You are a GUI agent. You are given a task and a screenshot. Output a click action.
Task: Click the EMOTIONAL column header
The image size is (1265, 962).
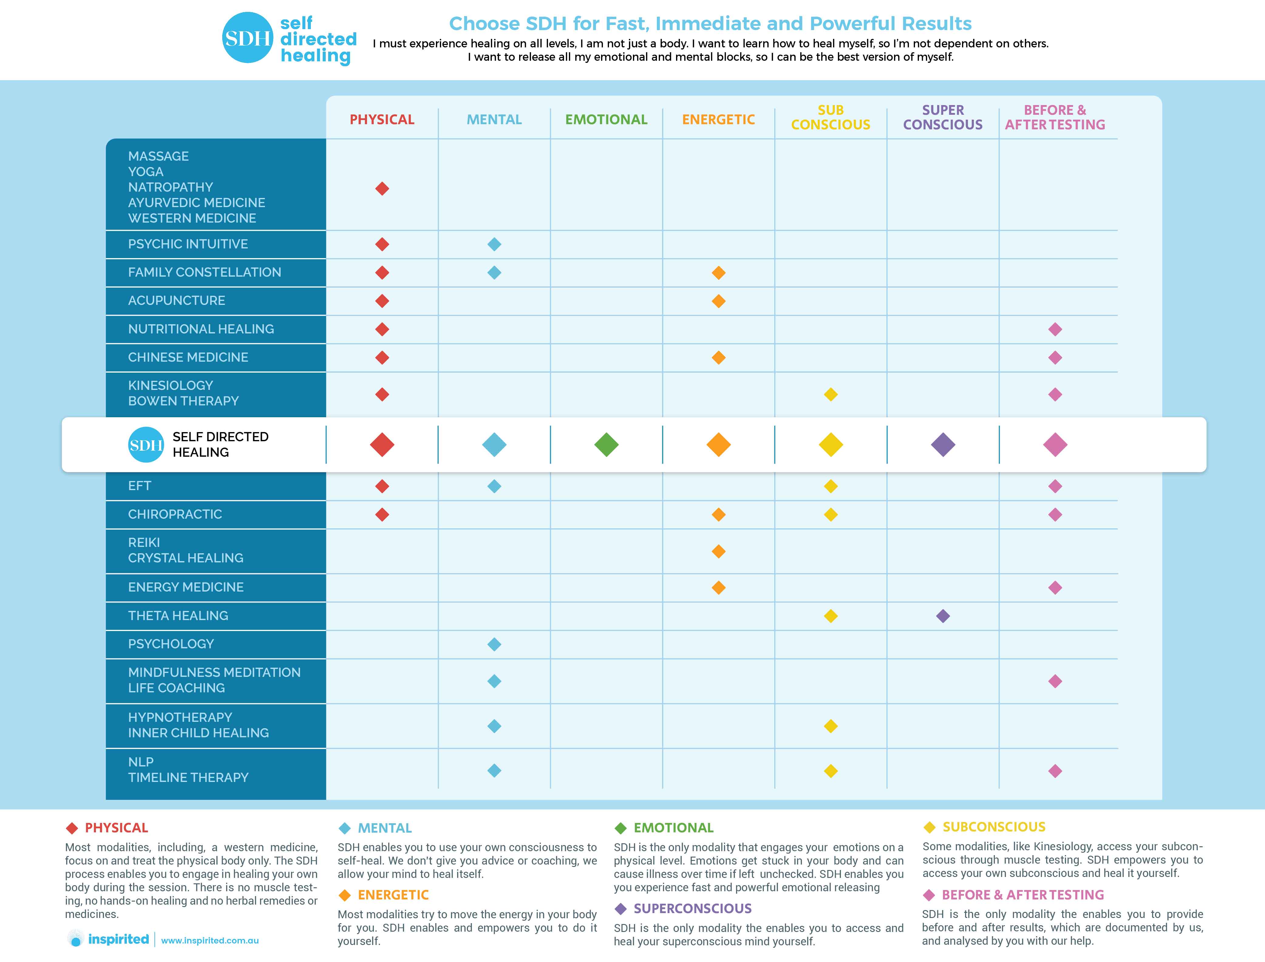(606, 120)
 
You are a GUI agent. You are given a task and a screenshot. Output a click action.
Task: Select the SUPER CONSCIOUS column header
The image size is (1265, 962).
(943, 118)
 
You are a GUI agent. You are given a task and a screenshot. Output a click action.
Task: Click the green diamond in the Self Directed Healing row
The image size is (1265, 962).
(606, 445)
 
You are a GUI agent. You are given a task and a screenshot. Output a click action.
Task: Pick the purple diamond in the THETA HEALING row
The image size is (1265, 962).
(943, 616)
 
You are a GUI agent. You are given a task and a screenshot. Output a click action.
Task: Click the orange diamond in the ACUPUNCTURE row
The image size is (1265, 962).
(718, 301)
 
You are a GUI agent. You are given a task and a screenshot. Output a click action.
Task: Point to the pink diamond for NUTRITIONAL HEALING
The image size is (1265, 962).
(1055, 329)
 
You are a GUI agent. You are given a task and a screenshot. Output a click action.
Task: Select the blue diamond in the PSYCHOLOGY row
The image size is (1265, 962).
(494, 644)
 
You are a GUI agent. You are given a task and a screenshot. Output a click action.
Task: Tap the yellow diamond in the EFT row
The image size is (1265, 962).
(831, 486)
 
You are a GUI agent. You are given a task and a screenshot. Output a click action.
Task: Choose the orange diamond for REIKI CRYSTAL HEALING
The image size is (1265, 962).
(718, 551)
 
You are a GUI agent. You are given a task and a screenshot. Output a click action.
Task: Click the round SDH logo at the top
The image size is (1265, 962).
(247, 38)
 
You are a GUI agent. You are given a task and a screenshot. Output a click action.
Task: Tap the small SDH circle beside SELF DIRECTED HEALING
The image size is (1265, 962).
(145, 445)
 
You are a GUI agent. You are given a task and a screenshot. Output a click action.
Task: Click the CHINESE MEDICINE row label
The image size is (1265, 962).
(188, 357)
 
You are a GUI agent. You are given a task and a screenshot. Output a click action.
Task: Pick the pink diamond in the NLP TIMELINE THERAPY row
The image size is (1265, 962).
(1055, 771)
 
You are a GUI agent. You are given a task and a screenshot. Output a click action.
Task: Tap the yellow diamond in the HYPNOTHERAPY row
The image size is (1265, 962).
(831, 726)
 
